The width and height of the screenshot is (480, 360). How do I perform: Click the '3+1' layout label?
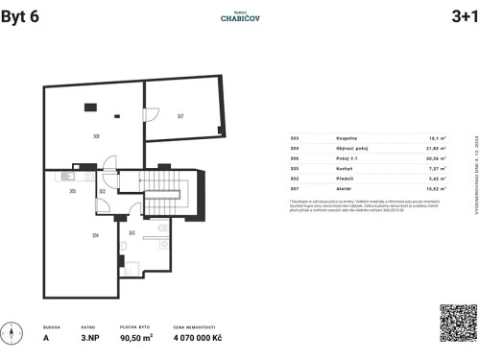[x=458, y=17]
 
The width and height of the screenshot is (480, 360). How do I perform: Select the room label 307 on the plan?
[x=180, y=117]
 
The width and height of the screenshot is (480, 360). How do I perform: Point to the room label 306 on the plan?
[x=96, y=137]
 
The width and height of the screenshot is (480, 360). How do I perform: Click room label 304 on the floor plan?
[x=95, y=234]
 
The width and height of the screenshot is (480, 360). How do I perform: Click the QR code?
[x=458, y=324]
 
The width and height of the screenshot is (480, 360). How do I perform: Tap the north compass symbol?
[x=12, y=336]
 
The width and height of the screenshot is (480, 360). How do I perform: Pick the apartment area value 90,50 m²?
[x=135, y=338]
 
